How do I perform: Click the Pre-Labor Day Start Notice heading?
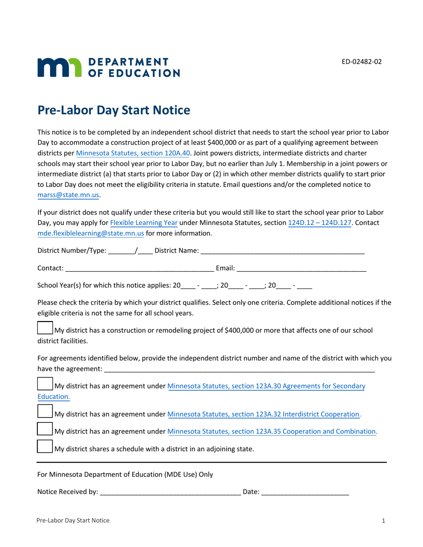pos(114,110)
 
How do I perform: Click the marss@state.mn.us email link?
pos(69,194)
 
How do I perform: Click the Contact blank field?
pos(139,268)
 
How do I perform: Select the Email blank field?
pos(301,268)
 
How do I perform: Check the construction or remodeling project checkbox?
pos(45,329)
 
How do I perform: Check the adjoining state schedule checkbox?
pos(45,446)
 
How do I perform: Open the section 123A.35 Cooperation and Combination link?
pos(272,431)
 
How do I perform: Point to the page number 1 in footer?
pos(383,520)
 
